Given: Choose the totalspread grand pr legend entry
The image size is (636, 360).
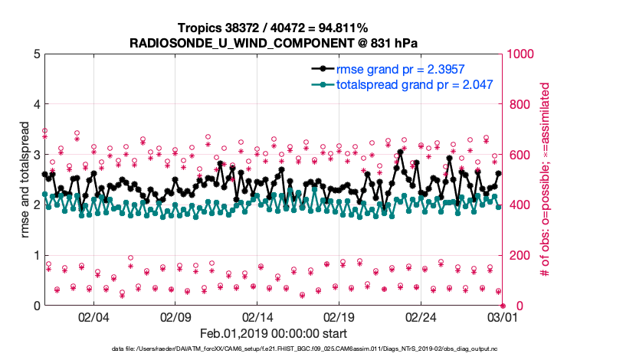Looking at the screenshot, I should [414, 84].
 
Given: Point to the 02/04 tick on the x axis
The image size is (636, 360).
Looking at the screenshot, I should [93, 316].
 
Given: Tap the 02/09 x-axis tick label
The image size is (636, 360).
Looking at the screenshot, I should [175, 316].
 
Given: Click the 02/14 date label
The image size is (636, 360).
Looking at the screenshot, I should [257, 316].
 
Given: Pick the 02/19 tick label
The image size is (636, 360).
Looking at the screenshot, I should [339, 316].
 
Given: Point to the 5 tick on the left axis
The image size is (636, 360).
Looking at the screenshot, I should [36, 54].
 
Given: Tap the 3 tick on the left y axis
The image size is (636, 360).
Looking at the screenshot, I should [36, 155].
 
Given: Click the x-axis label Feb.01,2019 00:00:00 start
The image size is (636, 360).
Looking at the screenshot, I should [274, 333].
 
